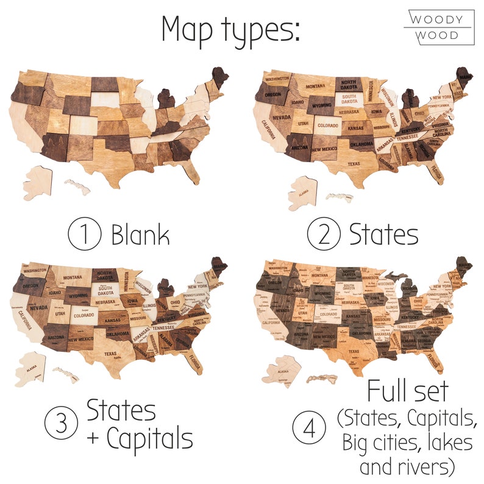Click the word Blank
140,235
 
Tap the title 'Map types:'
230,29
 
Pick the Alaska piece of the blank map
38,182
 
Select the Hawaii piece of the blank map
77,185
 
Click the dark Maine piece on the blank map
219,79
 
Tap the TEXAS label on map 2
354,164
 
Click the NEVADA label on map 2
281,117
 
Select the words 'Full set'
407,391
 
